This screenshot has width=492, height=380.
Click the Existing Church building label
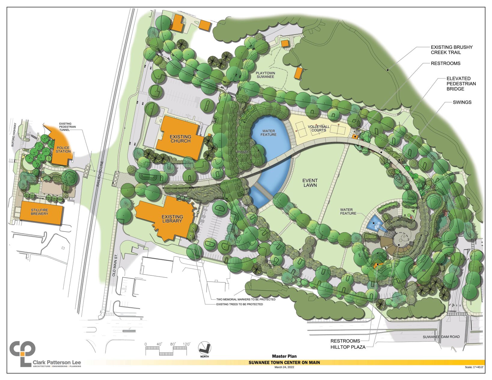point(181,139)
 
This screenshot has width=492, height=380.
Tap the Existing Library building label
point(172,219)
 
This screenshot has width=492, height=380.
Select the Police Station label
point(63,149)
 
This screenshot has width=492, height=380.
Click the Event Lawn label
point(310,183)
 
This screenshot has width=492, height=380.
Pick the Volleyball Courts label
point(318,128)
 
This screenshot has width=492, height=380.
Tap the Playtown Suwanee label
point(265,75)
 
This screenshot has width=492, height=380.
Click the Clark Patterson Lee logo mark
point(23,353)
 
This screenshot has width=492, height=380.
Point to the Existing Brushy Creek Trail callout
point(451,50)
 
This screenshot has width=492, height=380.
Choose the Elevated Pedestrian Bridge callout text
point(461,84)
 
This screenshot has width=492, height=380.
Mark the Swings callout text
point(462,102)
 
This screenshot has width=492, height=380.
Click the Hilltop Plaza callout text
point(348,347)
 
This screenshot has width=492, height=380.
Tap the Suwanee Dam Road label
point(441,337)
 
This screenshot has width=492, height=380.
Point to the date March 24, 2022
point(284,367)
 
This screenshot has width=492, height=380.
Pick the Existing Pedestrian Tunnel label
point(67,127)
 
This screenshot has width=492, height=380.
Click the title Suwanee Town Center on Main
point(284,362)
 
